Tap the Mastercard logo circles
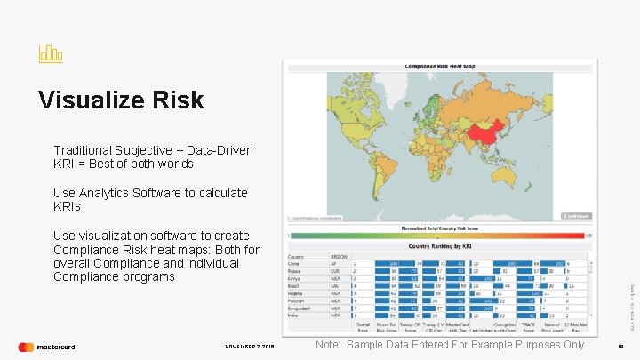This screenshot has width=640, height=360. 26,347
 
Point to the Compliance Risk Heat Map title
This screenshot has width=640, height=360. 439,66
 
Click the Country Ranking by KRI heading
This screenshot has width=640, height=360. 439,246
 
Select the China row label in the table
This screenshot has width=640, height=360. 293,264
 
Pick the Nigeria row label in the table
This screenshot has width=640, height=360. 295,292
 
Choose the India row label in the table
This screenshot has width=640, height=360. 292,314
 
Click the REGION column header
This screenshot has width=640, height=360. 339,256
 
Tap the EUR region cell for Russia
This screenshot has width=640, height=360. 336,271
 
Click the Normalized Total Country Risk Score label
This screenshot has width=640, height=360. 439,228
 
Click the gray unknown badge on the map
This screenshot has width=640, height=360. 577,215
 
